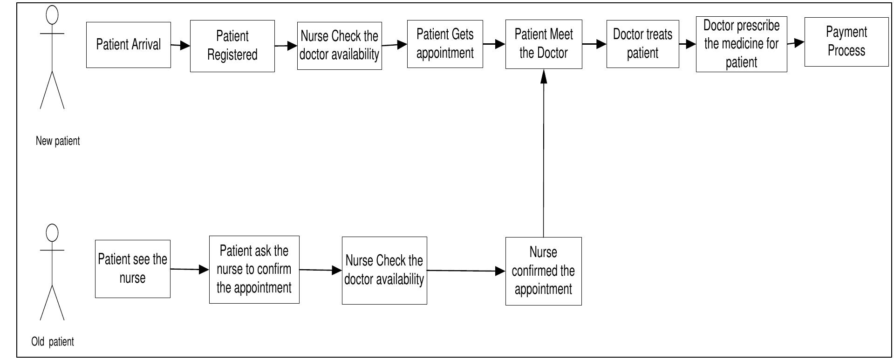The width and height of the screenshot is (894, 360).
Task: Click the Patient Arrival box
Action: pos(128,45)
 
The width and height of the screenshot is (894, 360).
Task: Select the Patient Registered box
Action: pos(232,46)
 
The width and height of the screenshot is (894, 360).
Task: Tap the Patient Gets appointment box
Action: pos(445,44)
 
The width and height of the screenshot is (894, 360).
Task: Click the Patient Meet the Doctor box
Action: pos(544,44)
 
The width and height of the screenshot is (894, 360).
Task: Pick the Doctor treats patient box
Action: pos(642,44)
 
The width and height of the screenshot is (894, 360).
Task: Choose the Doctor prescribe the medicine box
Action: pos(741,45)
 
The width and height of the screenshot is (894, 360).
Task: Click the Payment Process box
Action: pos(846,42)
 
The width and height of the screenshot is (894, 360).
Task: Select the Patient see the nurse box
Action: pos(132,269)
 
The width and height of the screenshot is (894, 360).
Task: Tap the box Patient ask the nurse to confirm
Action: pos(254,269)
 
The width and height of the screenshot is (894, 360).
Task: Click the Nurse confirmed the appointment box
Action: pos(543,271)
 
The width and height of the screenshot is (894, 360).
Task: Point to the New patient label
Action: pos(58,141)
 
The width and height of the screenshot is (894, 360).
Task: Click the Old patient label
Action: pos(52,342)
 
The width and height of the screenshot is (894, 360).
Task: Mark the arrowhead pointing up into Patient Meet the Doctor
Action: pos(544,76)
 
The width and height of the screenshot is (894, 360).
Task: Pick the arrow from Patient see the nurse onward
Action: pos(190,269)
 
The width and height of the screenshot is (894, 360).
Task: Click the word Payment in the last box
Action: pos(846,32)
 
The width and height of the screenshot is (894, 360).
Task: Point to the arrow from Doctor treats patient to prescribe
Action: pos(688,44)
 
